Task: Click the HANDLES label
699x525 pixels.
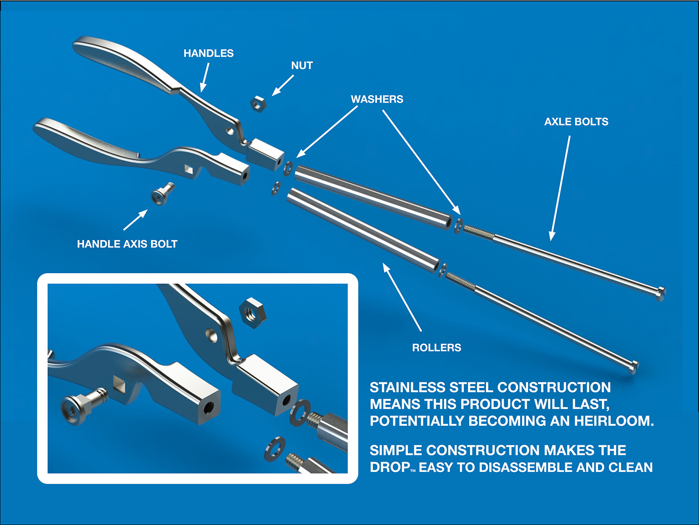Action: [x=208, y=53]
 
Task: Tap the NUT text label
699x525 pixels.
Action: [x=302, y=66]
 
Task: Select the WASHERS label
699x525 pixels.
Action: [x=377, y=99]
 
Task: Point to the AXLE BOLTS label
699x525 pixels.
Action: [x=576, y=122]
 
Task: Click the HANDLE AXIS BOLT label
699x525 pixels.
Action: [x=127, y=244]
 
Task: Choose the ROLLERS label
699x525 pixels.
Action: [x=436, y=348]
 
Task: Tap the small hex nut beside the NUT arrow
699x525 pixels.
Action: [x=258, y=104]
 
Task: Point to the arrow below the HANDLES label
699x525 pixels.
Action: [x=205, y=77]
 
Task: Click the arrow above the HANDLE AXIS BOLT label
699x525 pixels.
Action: [x=136, y=220]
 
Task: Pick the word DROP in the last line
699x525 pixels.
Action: [x=390, y=467]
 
